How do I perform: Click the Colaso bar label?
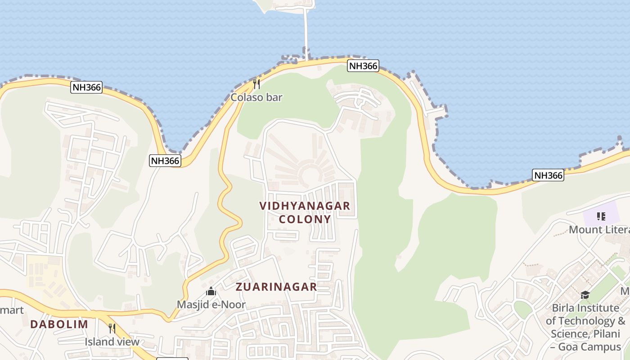256,97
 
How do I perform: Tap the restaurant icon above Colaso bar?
256,84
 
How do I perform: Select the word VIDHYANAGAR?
305,206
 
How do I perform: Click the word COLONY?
305,219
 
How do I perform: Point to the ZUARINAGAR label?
276,287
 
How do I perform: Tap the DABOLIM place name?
59,324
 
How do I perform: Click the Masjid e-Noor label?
211,305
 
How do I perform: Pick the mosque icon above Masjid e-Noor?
211,292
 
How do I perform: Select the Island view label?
112,342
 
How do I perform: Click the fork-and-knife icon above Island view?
112,328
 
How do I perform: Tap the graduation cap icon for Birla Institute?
585,295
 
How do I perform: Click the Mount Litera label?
598,229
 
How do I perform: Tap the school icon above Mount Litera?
601,216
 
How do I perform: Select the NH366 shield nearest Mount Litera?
548,175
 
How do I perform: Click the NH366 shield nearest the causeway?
363,66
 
